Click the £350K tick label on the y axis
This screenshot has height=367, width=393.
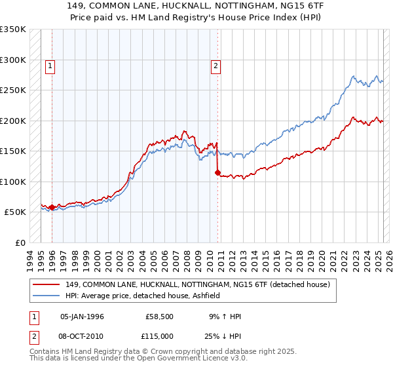[13, 29]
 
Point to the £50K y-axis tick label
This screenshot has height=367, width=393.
[15, 212]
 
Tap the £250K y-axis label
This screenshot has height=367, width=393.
[13, 90]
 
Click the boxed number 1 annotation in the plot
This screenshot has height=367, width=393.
[50, 65]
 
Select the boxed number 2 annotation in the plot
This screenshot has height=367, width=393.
[215, 65]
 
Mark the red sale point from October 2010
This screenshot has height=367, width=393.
[217, 173]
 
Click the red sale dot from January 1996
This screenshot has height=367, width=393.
[52, 207]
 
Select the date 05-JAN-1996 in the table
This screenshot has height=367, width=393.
[82, 317]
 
